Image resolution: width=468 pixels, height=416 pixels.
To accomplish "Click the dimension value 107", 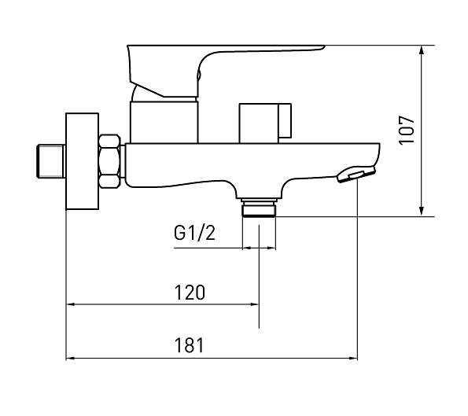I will click(406, 129).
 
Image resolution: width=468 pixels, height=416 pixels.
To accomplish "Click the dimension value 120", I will click(190, 293).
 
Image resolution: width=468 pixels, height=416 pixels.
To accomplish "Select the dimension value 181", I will click(190, 345).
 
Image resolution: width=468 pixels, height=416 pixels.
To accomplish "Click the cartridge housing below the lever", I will click(164, 120).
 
